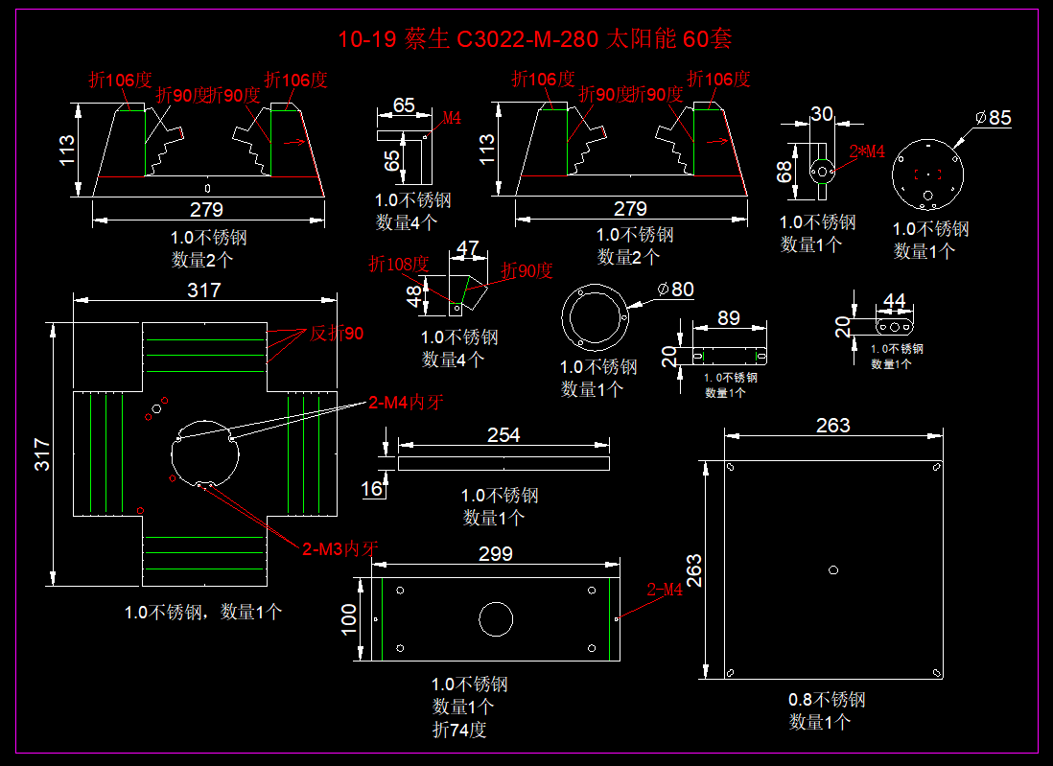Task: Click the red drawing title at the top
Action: point(534,39)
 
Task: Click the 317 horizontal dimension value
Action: point(203,290)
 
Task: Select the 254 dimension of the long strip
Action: point(503,435)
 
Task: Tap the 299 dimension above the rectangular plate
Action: point(495,553)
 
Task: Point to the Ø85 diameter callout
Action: point(994,118)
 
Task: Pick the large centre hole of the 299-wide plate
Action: point(496,618)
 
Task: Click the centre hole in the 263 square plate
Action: point(833,570)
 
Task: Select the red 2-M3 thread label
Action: point(340,549)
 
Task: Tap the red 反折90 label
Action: point(337,334)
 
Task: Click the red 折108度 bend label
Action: point(398,264)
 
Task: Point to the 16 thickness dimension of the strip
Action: point(371,489)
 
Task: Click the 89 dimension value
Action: point(729,318)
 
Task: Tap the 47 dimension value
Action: point(467,249)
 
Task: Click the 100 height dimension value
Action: point(349,619)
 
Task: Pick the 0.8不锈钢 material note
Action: point(827,700)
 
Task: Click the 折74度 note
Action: point(459,731)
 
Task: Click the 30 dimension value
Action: point(822,114)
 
